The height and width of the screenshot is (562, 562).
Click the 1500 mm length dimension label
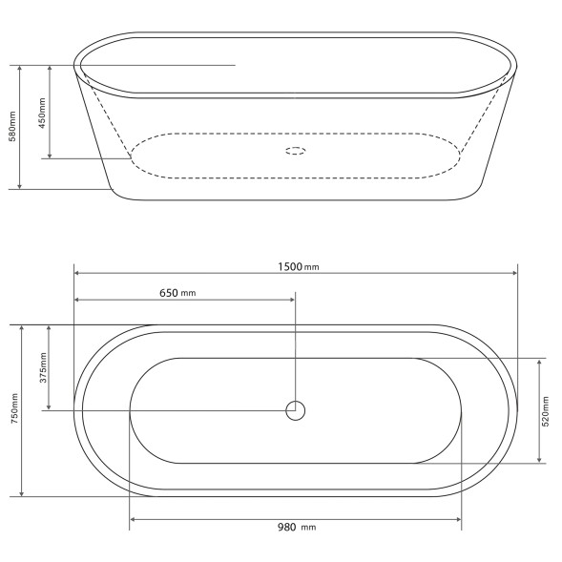tap(299, 266)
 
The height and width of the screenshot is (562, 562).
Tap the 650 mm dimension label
tap(177, 293)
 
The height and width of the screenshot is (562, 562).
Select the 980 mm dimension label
tap(297, 528)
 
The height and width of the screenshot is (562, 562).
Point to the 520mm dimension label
tap(546, 411)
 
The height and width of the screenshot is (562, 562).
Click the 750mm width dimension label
tap(14, 408)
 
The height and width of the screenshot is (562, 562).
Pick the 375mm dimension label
tap(43, 367)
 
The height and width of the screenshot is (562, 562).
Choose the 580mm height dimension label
tap(12, 127)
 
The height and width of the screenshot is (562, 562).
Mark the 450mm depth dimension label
tap(42, 114)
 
